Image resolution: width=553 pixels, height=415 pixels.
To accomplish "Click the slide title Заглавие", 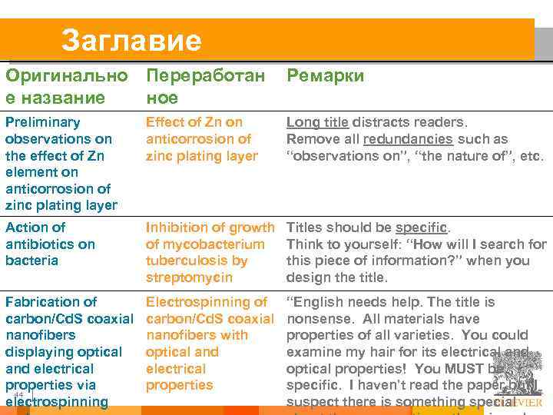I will click(131, 40).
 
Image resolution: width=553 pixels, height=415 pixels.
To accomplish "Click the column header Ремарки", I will click(325, 75).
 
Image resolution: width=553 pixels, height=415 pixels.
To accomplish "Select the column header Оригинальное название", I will click(66, 86).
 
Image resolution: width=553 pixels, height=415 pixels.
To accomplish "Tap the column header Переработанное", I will click(205, 86).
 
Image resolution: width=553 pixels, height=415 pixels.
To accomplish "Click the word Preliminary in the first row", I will click(42, 122).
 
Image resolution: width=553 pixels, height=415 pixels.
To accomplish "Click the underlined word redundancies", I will click(408, 139).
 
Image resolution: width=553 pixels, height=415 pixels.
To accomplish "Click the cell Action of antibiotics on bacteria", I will click(50, 244).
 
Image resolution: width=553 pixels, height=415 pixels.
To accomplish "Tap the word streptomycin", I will click(189, 277).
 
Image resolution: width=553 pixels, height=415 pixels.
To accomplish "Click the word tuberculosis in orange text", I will click(184, 261).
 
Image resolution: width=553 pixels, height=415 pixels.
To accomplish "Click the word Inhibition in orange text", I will click(174, 227).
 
